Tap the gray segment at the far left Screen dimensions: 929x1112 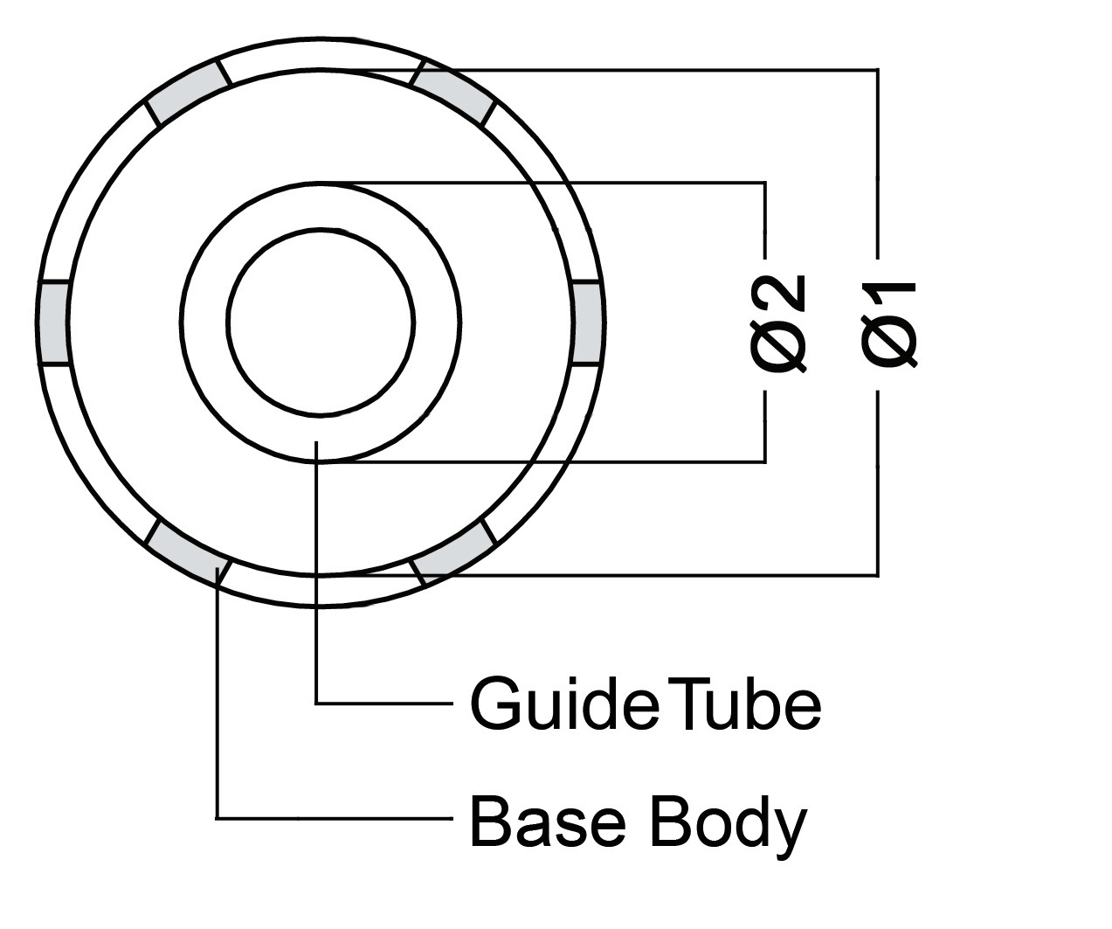(54, 322)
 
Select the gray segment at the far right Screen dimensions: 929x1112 (587, 322)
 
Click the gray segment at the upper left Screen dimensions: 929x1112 (187, 90)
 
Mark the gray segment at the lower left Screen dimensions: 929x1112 (187, 551)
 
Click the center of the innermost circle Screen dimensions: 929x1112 (320, 322)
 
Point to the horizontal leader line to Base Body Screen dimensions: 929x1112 (332, 818)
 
